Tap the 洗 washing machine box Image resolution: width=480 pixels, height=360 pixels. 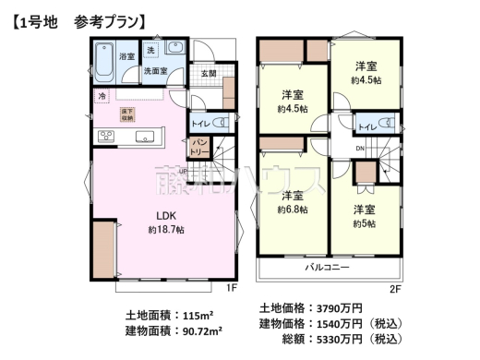click(x=150, y=50)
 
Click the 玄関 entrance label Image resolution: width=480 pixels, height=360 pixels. click(x=208, y=74)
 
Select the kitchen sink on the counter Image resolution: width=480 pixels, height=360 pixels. click(x=145, y=138)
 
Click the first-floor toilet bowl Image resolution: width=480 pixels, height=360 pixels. click(x=220, y=123)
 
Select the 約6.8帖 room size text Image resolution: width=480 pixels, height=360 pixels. click(x=293, y=210)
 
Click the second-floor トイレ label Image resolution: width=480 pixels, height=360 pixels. click(x=366, y=126)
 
